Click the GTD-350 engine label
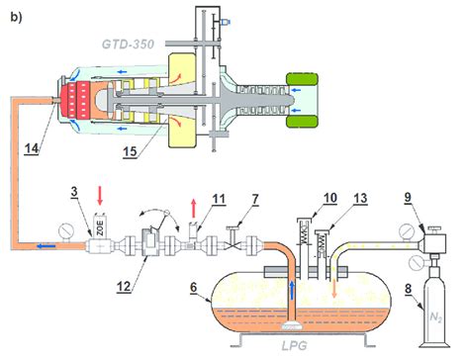(x=128, y=45)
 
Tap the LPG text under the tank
(x=295, y=345)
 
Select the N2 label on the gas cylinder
(x=435, y=317)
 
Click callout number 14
(x=32, y=148)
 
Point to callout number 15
(x=130, y=151)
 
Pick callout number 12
(x=124, y=286)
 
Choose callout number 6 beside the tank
(x=193, y=287)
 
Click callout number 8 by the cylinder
(x=409, y=289)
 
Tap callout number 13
(x=360, y=199)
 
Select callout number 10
(x=329, y=198)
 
